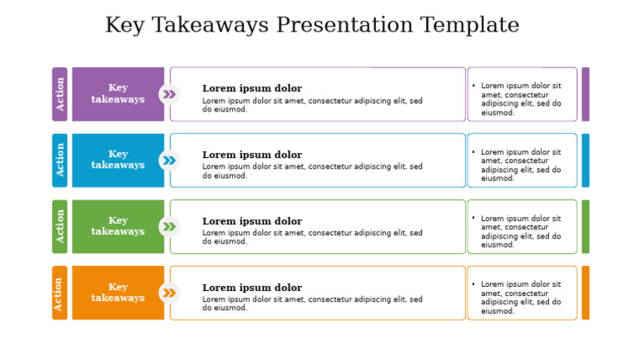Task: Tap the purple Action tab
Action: coord(60,94)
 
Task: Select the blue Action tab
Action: coord(60,160)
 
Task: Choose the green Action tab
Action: coord(60,226)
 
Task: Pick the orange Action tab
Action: coord(60,293)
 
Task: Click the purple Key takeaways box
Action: coord(117,94)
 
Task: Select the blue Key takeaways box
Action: coord(117,160)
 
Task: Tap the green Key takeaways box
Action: coord(117,226)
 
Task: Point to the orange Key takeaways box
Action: coord(117,293)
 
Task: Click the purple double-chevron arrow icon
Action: coord(169,94)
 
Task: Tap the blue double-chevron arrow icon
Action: coord(169,160)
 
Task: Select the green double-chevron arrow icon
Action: coord(169,226)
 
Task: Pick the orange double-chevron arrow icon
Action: coord(169,293)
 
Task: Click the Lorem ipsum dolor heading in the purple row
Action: coord(252,88)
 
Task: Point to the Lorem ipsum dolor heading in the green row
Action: coord(252,221)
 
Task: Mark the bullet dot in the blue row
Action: coord(473,152)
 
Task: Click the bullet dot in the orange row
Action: coord(473,284)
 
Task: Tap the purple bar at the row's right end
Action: coord(585,94)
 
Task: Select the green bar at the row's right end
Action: coord(585,226)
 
